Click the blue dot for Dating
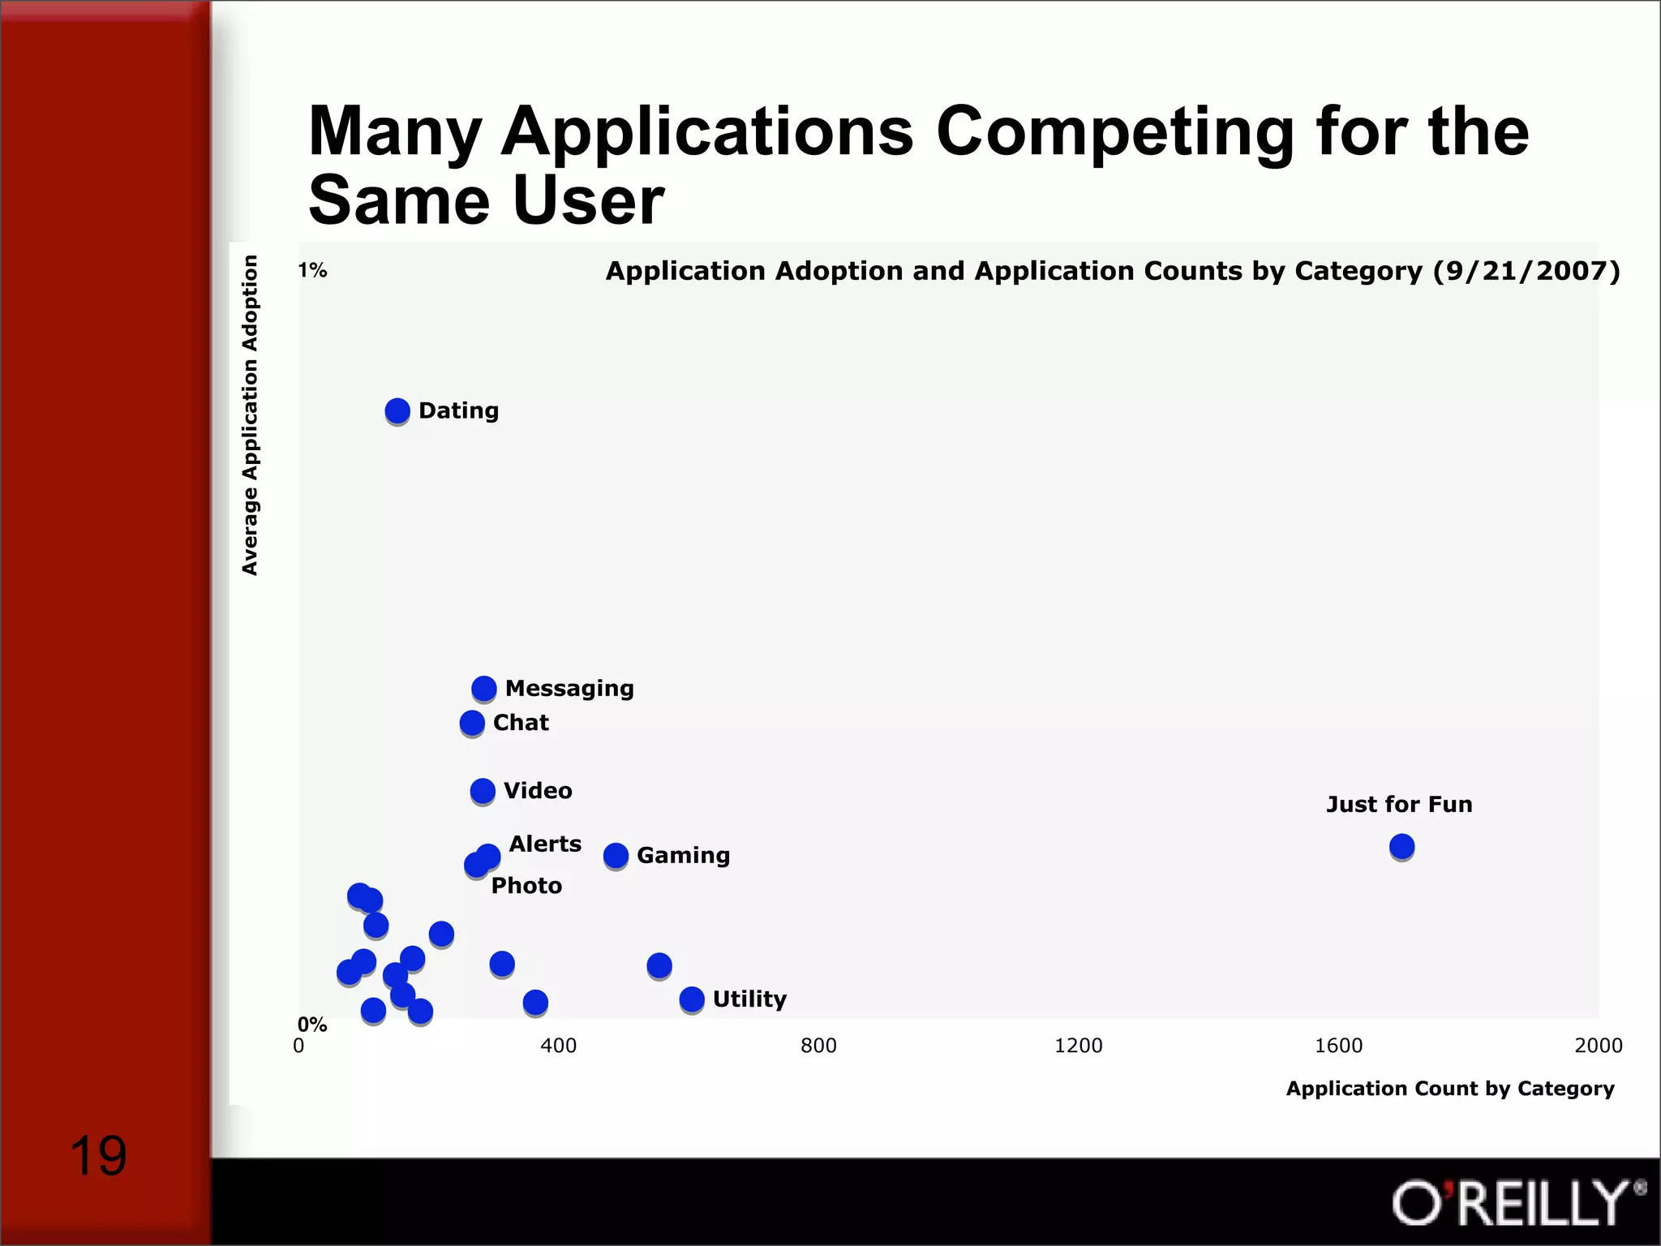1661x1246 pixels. pyautogui.click(x=397, y=411)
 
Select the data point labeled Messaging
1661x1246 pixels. pyautogui.click(x=484, y=689)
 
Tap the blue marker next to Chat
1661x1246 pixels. pyautogui.click(x=472, y=723)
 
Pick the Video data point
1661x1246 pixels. pyautogui.click(x=483, y=791)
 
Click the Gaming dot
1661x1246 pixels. pyautogui.click(x=616, y=855)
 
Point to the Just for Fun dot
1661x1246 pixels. pyautogui.click(x=1401, y=847)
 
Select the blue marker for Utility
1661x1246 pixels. pyautogui.click(x=692, y=999)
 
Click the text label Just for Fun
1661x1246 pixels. pyautogui.click(x=1399, y=805)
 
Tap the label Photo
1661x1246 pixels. pyautogui.click(x=526, y=886)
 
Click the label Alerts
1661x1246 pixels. pyautogui.click(x=545, y=844)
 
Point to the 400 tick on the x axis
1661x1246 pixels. pyautogui.click(x=559, y=1046)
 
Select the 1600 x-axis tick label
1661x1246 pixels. pyautogui.click(x=1338, y=1046)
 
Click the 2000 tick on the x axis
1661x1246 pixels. pyautogui.click(x=1598, y=1046)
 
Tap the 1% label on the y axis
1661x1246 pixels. pyautogui.click(x=312, y=270)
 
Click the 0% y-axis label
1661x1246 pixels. pyautogui.click(x=312, y=1025)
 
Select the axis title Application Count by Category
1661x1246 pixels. pyautogui.click(x=1450, y=1089)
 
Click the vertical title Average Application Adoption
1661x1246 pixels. pyautogui.click(x=250, y=415)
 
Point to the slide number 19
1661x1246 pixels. pyautogui.click(x=98, y=1156)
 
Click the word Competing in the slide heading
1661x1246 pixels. pyautogui.click(x=1115, y=131)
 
